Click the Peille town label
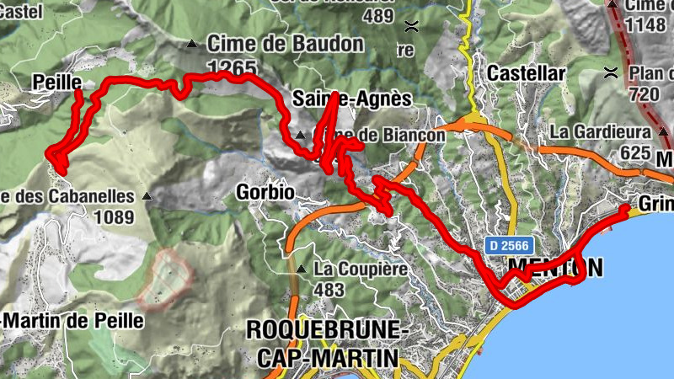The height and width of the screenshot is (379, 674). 56,82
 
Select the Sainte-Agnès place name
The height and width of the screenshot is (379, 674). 352,99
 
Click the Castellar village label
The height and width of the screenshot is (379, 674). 526,73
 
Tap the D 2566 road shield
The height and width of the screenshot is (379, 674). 508,244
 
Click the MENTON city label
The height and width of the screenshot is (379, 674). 556,268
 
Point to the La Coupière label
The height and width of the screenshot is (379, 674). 361,270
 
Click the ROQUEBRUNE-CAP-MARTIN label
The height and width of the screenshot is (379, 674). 324,344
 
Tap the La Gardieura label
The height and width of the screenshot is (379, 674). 601,132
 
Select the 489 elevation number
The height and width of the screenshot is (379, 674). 377,15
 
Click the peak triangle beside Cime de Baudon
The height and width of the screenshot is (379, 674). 193,43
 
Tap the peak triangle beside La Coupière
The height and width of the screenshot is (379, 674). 302,270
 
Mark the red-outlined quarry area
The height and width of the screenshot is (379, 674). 166,277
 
